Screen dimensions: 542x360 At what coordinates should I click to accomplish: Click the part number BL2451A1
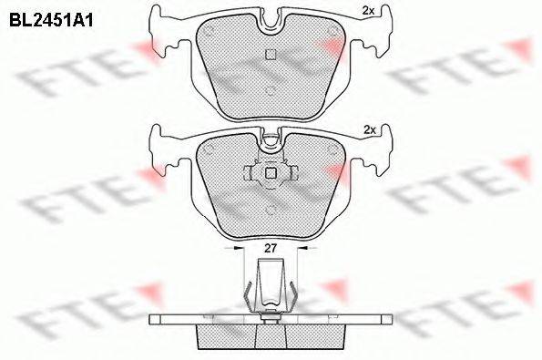51,21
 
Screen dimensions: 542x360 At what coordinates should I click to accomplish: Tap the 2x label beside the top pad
368,11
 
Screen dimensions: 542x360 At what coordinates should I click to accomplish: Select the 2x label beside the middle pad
370,130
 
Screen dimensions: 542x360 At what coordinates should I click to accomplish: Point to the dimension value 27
271,248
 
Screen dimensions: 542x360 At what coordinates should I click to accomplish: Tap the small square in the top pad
270,55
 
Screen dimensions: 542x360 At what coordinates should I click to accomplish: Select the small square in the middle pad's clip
270,173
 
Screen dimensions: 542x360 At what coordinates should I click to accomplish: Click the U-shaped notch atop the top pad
271,22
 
